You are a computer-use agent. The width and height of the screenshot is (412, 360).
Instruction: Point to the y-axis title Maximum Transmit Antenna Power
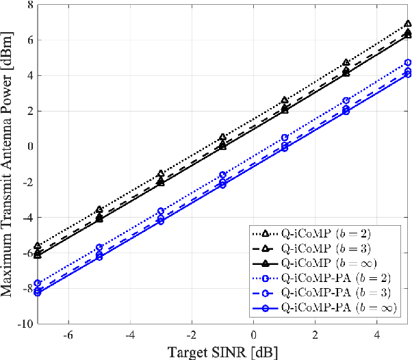pos(9,164)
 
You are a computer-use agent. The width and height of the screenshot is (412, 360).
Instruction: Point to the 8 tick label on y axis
pos(29,5)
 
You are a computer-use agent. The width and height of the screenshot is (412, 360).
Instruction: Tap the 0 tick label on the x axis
pos(253,335)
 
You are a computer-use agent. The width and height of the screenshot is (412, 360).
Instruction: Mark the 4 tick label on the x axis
pos(377,335)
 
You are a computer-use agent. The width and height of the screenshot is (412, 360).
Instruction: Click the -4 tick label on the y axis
pos(27,218)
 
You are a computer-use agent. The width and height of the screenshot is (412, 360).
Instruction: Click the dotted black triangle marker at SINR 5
pos(408,24)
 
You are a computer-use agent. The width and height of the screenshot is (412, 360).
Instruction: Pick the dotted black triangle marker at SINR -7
pos(37,245)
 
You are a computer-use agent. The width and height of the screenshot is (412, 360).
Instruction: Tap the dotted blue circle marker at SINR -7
pos(37,283)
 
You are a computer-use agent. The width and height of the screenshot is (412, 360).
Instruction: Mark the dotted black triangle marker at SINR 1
pos(284,100)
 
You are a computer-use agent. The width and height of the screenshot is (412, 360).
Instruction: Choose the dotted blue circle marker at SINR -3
pos(161,211)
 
